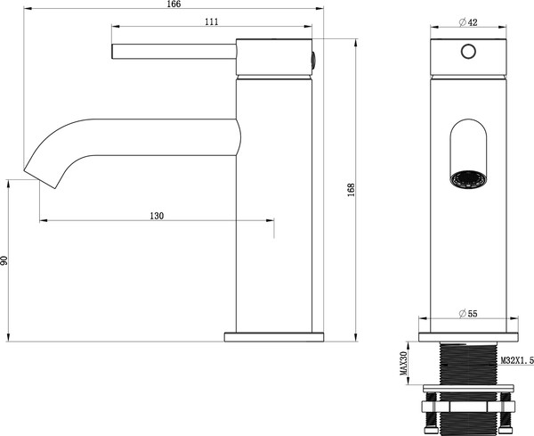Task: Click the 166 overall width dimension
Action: point(174,4)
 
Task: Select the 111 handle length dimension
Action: point(212,21)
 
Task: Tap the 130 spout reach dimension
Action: point(157,216)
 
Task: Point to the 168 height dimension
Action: point(352,190)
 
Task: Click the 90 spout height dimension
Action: point(4,260)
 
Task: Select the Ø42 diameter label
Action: point(468,22)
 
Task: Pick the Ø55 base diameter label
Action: point(468,314)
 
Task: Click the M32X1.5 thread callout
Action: point(517,360)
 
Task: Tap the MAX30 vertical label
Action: point(403,364)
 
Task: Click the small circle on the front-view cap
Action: point(468,52)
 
